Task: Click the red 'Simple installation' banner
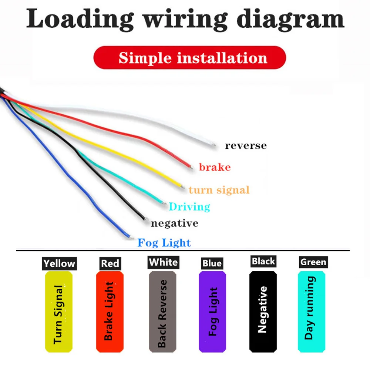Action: (x=189, y=58)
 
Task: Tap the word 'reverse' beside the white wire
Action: (x=246, y=145)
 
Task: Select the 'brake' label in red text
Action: (x=215, y=167)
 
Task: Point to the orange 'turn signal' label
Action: (x=219, y=190)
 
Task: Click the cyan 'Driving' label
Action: (x=189, y=206)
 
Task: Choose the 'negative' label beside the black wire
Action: (x=174, y=223)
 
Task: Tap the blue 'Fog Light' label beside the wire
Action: (x=164, y=243)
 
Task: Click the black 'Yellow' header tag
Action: (x=59, y=263)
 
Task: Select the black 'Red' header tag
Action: (x=110, y=263)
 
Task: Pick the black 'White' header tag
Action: (x=163, y=262)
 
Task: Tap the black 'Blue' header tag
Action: (x=212, y=263)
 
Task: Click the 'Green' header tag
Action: (x=313, y=262)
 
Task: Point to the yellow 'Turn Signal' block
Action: (x=58, y=312)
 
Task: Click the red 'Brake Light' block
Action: (x=110, y=312)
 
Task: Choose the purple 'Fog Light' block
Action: (x=212, y=312)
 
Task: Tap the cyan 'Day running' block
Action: (x=312, y=312)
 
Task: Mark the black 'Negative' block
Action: (x=263, y=312)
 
